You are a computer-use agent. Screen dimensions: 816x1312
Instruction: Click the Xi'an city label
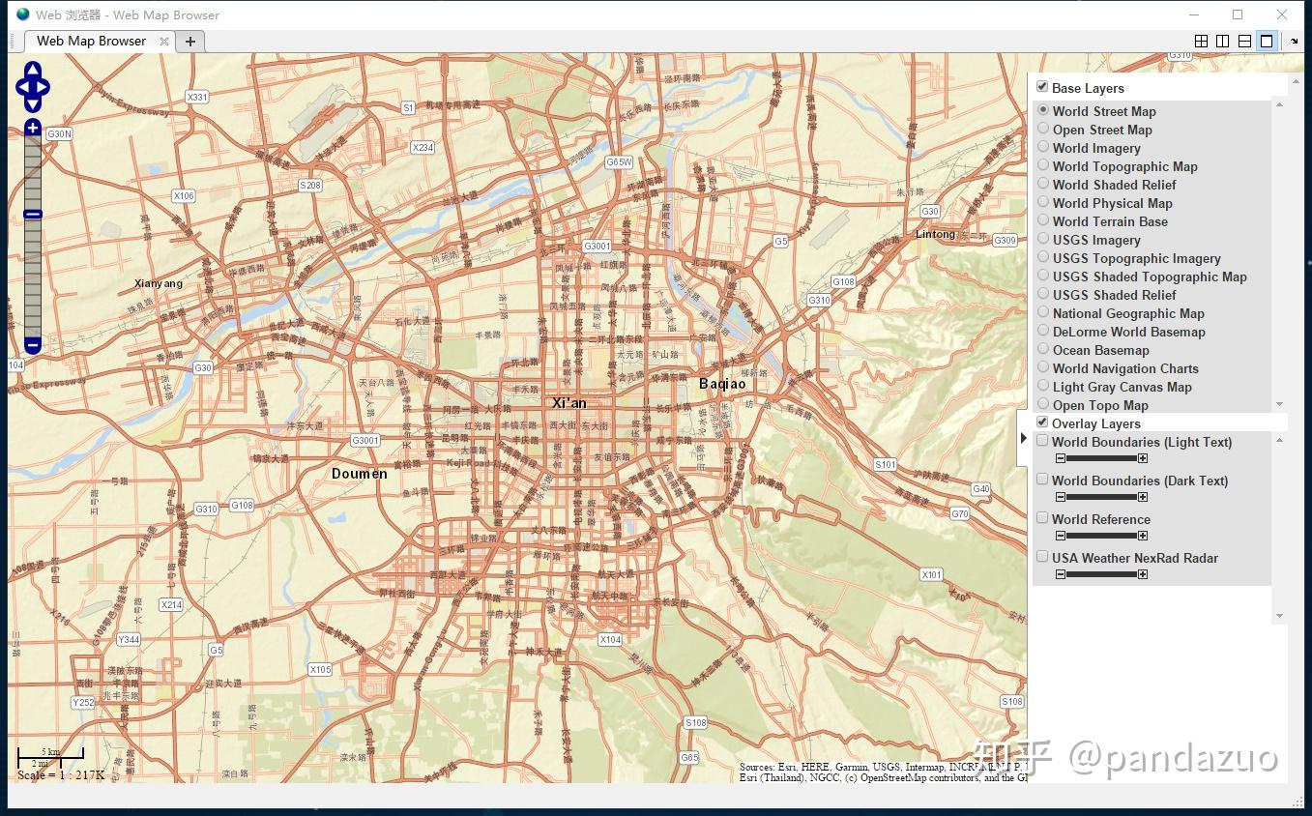click(569, 403)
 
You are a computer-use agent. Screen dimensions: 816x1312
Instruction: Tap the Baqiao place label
click(722, 384)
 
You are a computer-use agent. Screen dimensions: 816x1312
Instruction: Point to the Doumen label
click(359, 474)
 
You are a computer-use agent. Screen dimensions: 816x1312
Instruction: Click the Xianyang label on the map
click(159, 283)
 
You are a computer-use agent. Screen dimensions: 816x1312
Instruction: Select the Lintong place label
click(935, 234)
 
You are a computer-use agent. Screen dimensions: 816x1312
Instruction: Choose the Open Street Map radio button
click(1043, 129)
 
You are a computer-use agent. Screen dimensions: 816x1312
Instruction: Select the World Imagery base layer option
click(1043, 147)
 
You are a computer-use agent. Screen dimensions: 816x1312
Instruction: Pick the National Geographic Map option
click(1043, 312)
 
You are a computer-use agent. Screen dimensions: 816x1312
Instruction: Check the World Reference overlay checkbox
click(1042, 518)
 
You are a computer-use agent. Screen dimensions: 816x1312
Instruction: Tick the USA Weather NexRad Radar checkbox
click(1042, 557)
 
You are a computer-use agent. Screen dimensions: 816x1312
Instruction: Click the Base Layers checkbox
click(1042, 87)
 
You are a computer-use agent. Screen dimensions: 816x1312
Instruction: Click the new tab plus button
click(190, 42)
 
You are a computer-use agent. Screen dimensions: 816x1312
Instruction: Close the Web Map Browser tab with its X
click(164, 42)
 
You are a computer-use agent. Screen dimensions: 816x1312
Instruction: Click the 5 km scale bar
click(50, 752)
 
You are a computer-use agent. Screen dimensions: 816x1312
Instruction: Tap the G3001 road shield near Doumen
click(365, 441)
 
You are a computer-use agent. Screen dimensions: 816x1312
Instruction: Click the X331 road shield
click(196, 97)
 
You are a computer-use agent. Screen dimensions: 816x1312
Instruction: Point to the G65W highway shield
click(619, 162)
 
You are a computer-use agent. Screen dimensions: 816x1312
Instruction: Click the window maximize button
click(1238, 15)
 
